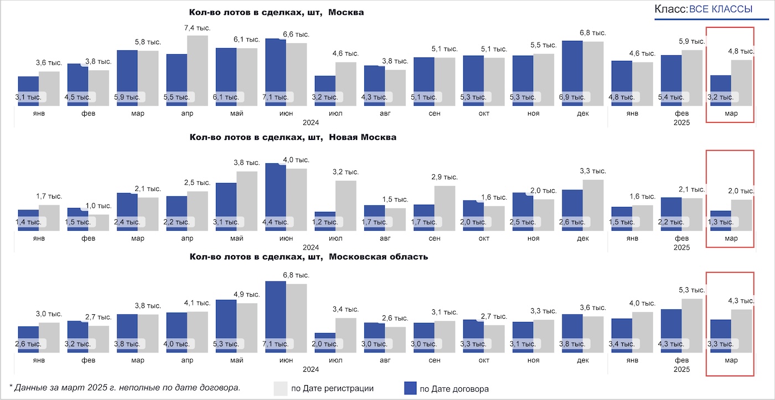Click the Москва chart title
pos(276,12)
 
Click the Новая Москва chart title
pos(293,137)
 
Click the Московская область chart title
pos(308,257)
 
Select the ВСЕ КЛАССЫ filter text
pos(720,9)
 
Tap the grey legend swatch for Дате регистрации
pos(281,388)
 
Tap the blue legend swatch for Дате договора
pos(410,388)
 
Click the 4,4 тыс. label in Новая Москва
pos(275,222)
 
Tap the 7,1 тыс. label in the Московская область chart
pos(275,344)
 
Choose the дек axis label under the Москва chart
pos(582,113)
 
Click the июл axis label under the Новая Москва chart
pos(335,238)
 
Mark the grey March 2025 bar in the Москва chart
pos(741,83)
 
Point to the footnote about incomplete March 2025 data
pos(125,387)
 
